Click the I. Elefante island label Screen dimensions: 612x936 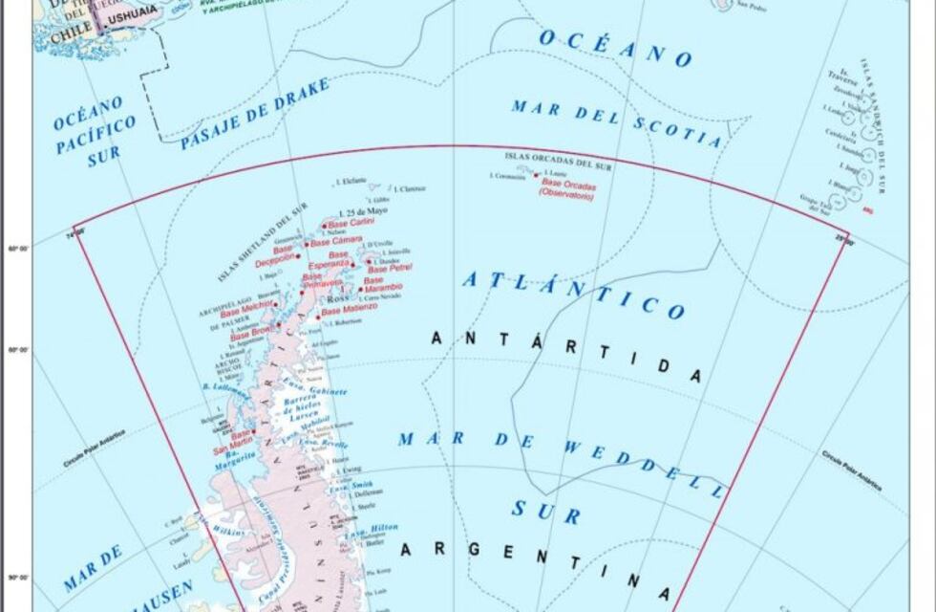point(349,180)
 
